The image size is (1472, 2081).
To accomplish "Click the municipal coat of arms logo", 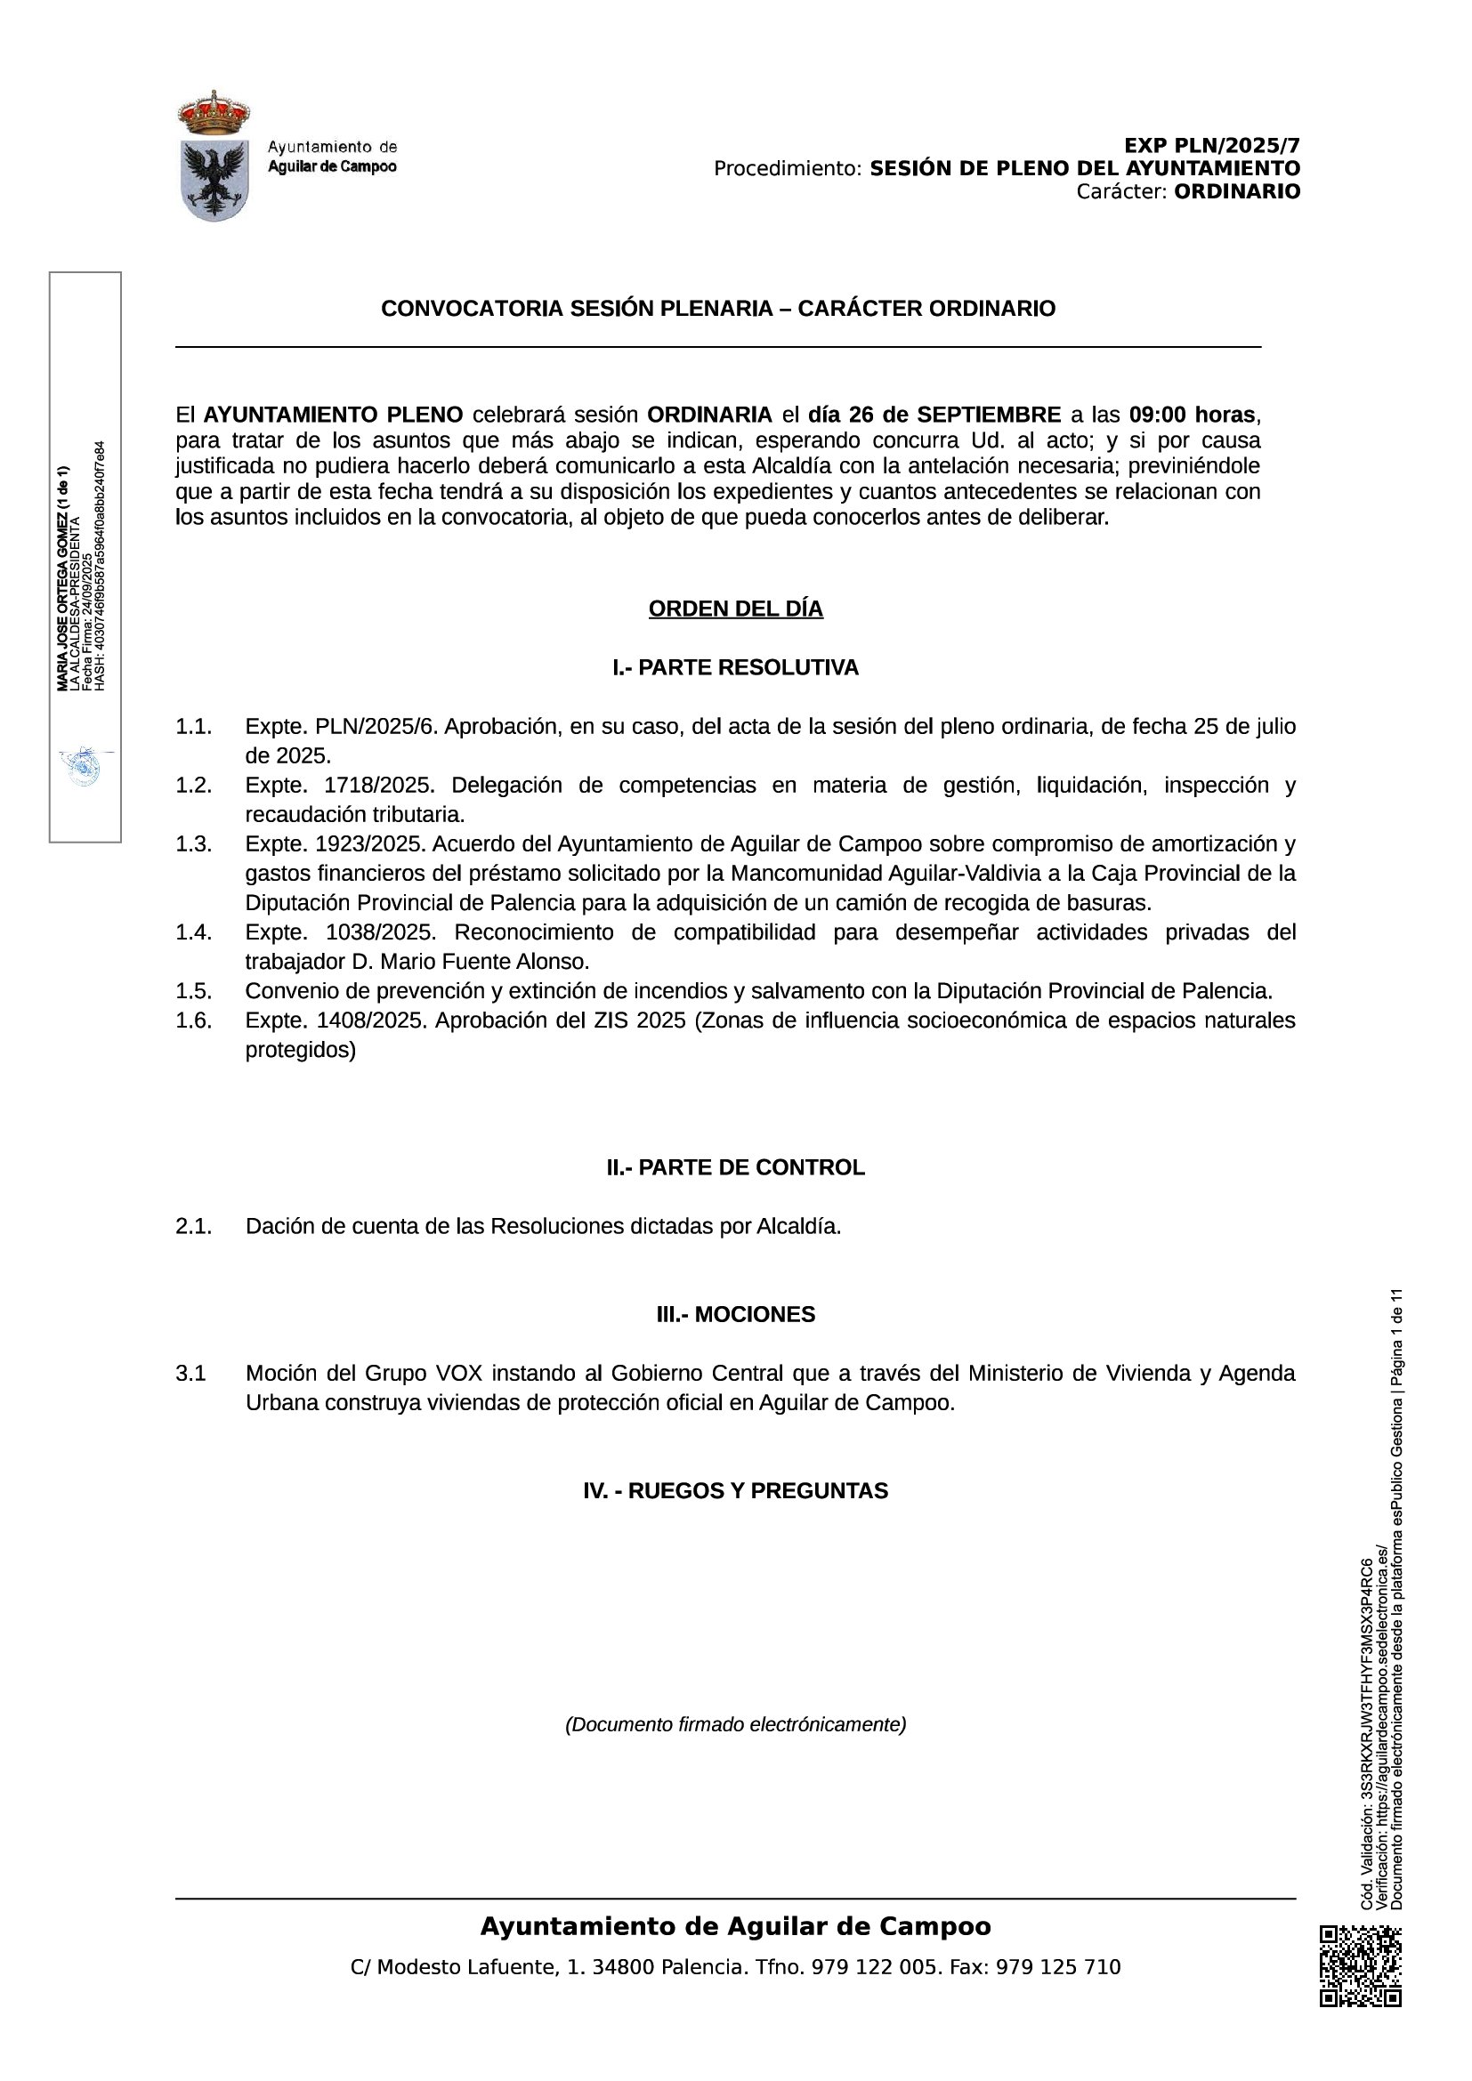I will (214, 156).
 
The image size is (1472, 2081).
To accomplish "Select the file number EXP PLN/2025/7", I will (1212, 146).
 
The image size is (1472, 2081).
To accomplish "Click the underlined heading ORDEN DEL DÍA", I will (735, 609).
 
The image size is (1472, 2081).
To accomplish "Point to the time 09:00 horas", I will (1192, 415).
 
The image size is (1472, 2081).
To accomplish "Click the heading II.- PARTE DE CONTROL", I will (735, 1167).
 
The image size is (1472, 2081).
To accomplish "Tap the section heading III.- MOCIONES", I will (735, 1314).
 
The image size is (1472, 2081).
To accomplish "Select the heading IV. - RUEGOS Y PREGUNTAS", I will (735, 1491).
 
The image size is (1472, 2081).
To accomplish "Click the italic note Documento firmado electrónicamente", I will (735, 1724).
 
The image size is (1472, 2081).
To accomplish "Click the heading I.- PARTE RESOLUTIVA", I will (735, 668).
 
